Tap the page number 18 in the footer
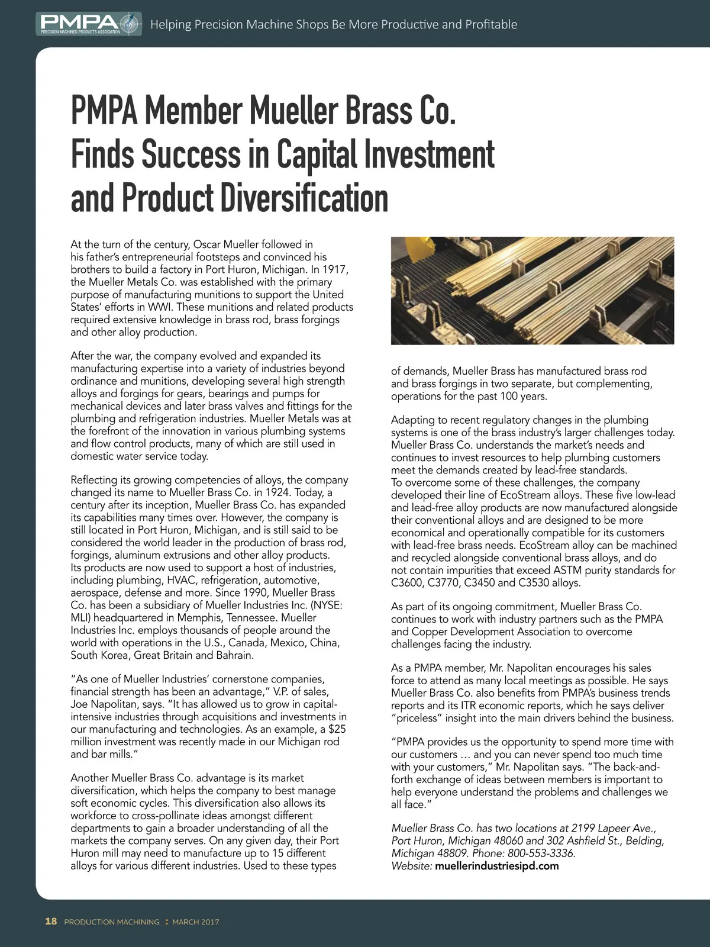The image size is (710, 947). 51,921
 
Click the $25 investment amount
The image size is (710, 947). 337,729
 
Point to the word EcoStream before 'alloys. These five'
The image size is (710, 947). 526,495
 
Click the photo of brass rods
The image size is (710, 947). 532,291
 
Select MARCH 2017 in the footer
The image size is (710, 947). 196,922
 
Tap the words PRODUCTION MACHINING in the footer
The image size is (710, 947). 112,922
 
